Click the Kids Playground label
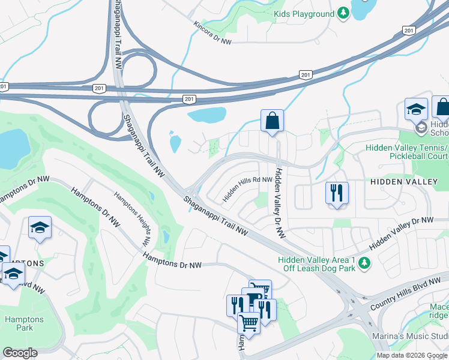[303, 13]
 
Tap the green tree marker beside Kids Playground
[343, 13]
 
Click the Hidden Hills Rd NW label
[247, 188]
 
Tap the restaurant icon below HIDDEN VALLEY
[336, 193]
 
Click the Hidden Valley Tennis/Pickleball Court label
[406, 152]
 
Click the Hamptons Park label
[24, 324]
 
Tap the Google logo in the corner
[20, 353]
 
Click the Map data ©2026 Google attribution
[412, 355]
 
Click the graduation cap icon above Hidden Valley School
[416, 109]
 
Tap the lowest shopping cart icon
[249, 322]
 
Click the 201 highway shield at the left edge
[3, 87]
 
